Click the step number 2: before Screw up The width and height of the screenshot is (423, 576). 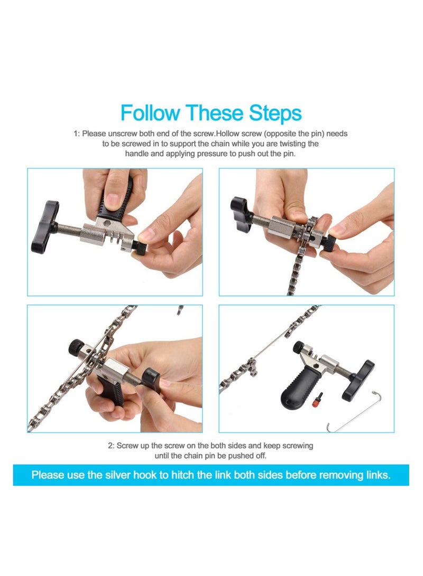111,446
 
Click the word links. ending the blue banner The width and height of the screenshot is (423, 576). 375,475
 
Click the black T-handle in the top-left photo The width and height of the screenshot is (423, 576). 44,226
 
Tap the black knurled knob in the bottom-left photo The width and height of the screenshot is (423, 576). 76,347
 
